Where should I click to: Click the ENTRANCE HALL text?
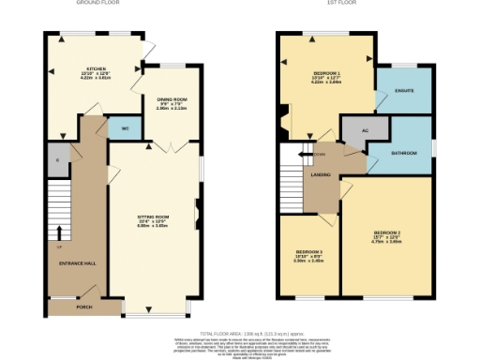(x=77, y=262)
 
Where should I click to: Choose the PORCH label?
(x=84, y=306)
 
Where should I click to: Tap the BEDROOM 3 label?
(x=309, y=253)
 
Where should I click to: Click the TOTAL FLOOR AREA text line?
(x=240, y=333)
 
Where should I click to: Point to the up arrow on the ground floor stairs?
(x=59, y=232)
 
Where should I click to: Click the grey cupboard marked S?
(x=57, y=160)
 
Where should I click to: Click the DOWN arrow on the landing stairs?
(x=305, y=155)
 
